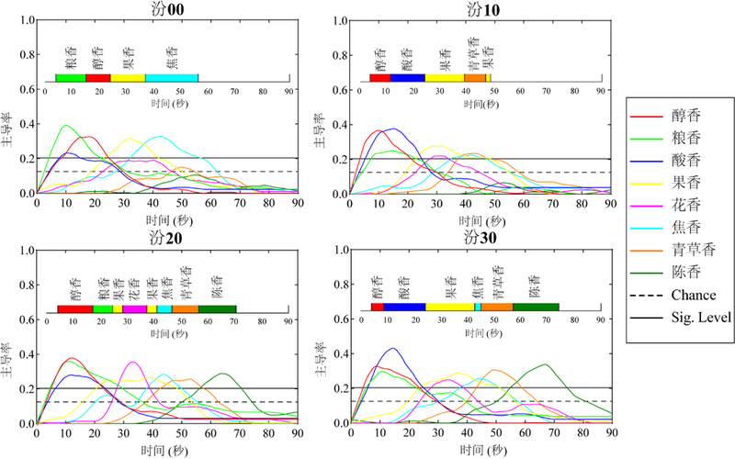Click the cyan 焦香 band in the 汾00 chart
172,79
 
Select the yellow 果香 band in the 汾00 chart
128,79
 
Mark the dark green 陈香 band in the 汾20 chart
217,309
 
